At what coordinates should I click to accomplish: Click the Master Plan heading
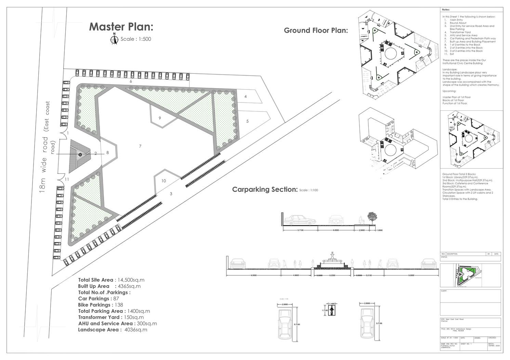pos(121,27)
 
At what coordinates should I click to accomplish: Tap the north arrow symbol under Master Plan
pos(114,40)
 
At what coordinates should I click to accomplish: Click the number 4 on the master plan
pos(246,96)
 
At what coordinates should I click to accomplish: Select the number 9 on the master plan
pos(160,118)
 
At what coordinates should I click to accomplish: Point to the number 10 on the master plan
pos(164,181)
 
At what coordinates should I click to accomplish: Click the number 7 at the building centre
pos(140,146)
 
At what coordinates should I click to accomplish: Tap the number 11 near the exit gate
pos(67,179)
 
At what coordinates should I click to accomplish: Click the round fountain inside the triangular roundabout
pos(80,155)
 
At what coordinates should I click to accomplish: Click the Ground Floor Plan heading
pos(316,30)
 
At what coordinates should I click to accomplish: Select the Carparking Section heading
pos(265,189)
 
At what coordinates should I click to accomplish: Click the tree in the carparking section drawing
pos(372,218)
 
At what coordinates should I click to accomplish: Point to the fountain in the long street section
pos(331,260)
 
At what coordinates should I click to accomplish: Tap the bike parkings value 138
pos(118,305)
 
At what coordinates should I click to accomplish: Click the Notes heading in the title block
pos(446,10)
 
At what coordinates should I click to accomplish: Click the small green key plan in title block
pos(466,275)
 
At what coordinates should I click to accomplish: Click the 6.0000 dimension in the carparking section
pos(336,230)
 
